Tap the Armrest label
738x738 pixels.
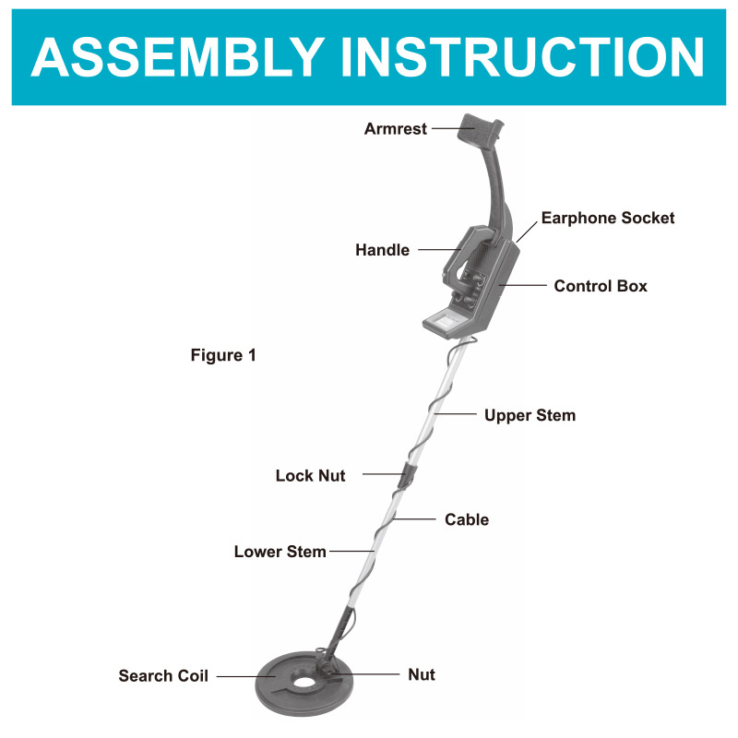pos(396,129)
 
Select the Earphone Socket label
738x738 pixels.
pos(608,219)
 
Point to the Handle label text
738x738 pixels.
pos(382,250)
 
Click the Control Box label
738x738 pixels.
pos(601,286)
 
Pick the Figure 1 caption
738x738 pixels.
pos(223,355)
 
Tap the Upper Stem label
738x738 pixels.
pos(530,416)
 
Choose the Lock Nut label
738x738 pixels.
pos(310,476)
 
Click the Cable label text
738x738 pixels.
pos(467,520)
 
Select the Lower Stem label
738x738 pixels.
pos(280,552)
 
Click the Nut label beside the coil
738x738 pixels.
pos(422,675)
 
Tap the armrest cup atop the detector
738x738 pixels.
pos(482,129)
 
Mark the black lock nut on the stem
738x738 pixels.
pos(406,476)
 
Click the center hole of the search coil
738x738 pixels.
pos(302,684)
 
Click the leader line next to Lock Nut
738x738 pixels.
pos(378,474)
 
